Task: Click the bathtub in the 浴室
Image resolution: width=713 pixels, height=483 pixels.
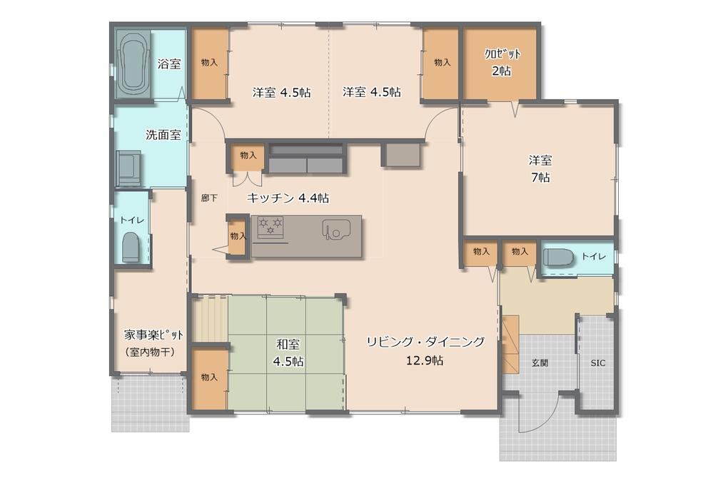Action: (133, 64)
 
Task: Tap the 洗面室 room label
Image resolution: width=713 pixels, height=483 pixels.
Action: (163, 135)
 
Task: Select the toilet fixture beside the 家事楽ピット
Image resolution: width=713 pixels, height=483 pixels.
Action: (131, 247)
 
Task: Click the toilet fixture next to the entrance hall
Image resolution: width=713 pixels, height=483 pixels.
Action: (558, 257)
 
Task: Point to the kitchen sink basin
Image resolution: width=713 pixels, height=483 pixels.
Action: (336, 229)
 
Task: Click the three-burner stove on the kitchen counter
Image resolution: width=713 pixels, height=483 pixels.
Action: (270, 226)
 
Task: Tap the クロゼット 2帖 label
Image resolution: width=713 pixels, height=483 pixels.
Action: (502, 62)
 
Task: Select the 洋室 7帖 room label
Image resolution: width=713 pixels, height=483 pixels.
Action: (540, 168)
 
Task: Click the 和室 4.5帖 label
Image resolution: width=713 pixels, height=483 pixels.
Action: (288, 352)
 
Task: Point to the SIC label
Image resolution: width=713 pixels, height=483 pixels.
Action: (598, 363)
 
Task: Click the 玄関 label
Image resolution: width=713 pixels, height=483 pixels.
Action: (540, 363)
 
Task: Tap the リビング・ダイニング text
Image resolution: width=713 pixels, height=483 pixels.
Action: (425, 342)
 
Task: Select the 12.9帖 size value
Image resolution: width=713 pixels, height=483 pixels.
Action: (425, 361)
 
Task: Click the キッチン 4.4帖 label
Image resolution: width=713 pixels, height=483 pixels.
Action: (288, 198)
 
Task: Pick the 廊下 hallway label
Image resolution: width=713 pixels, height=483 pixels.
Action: (209, 198)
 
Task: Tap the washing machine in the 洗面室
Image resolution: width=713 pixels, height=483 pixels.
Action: (128, 168)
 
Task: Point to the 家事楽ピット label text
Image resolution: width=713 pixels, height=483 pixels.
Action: (153, 335)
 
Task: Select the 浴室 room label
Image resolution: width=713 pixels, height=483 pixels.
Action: (169, 64)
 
